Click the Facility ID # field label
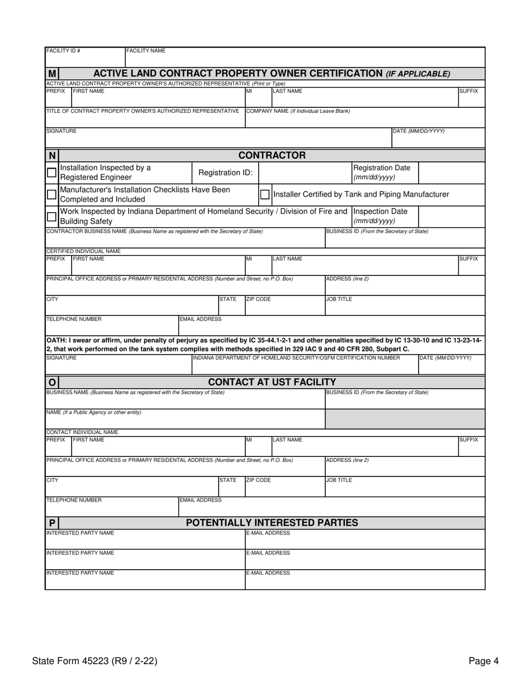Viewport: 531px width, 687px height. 63,51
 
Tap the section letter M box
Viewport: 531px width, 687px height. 52,74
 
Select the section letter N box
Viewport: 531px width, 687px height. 52,155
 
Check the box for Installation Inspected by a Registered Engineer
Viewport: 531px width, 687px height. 51,173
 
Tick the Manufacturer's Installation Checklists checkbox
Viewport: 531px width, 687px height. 51,194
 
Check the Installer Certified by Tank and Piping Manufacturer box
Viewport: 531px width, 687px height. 265,194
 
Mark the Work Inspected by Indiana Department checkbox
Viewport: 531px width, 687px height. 51,217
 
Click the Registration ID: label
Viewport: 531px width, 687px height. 225,173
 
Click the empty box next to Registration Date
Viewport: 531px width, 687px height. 451,173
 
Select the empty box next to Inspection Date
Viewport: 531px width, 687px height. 451,216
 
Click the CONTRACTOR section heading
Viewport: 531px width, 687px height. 272,155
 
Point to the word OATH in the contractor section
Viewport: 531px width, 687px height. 58,340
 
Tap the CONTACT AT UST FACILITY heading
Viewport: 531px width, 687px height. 272,382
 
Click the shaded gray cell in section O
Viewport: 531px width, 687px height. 405,418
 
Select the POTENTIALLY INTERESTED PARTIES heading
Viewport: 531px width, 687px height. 272,523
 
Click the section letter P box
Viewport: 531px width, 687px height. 52,523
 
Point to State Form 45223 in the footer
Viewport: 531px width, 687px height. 94,661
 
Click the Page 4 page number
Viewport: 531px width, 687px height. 483,661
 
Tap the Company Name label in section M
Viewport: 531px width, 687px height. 298,111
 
